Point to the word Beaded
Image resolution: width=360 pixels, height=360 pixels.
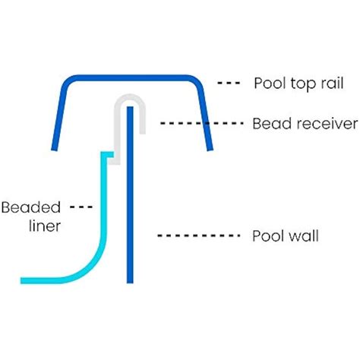coord(27,207)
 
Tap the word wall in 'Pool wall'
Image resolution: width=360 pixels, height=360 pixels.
coord(303,236)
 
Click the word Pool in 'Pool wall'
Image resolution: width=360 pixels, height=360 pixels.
coord(266,236)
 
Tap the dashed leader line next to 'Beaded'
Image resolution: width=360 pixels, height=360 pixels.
coord(81,207)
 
